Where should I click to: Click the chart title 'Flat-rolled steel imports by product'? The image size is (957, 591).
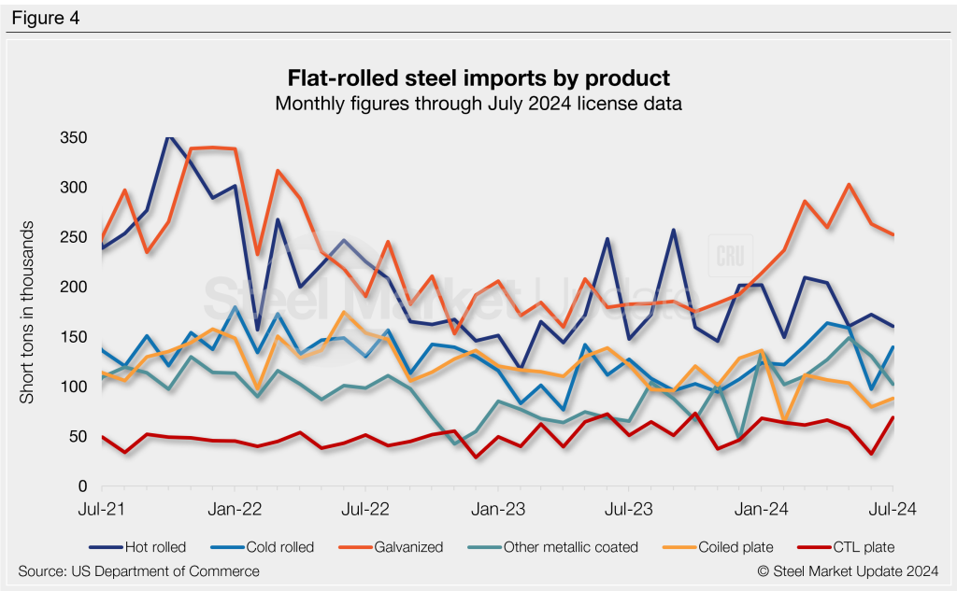[x=478, y=77]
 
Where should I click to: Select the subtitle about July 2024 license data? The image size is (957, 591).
[x=478, y=103]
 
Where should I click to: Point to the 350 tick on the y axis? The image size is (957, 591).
[x=74, y=137]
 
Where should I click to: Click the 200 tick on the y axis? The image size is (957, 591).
[x=74, y=287]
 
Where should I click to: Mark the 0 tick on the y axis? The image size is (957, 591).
[x=82, y=486]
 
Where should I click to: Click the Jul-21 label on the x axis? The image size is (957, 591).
[x=103, y=510]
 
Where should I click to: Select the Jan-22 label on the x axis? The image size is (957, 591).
[x=235, y=510]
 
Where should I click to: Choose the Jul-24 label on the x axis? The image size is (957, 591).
[x=893, y=510]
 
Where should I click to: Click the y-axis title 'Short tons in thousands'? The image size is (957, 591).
[x=28, y=312]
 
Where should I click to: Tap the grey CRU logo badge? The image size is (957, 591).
[x=729, y=257]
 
